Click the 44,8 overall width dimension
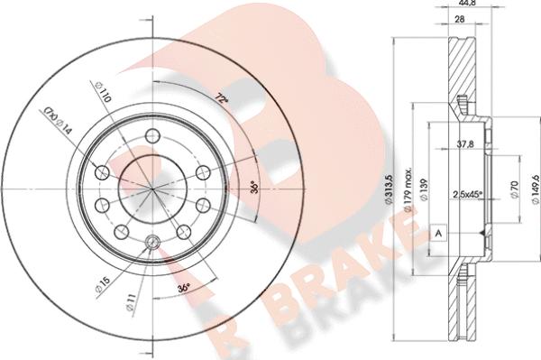(466, 5)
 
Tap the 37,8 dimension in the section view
(464, 143)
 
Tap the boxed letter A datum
(438, 232)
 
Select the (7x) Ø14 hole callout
(56, 119)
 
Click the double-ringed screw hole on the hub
(152, 241)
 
